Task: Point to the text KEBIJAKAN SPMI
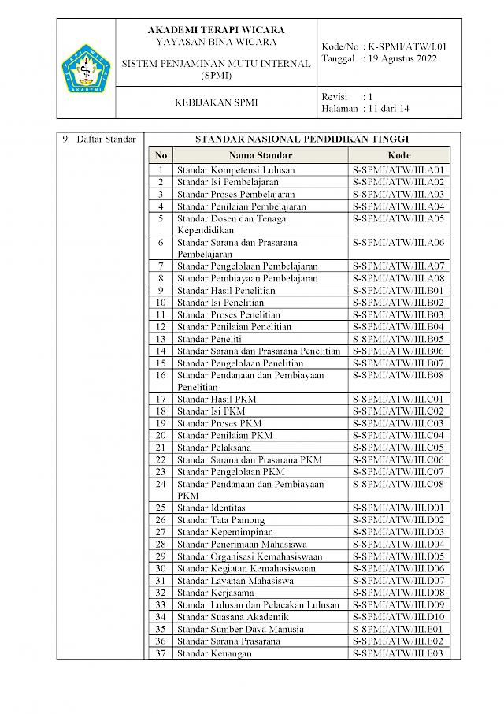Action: click(216, 102)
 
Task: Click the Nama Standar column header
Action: click(261, 155)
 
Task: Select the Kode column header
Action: click(399, 155)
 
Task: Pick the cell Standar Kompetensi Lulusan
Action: click(230, 169)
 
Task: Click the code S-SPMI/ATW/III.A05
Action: click(399, 218)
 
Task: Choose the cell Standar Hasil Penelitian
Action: click(226, 290)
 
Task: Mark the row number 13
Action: click(161, 339)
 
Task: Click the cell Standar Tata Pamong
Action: click(220, 520)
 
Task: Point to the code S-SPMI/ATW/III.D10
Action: click(399, 617)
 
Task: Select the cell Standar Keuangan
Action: click(214, 653)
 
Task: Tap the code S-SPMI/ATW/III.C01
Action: click(399, 399)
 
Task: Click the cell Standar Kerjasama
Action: click(215, 593)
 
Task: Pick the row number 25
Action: click(161, 508)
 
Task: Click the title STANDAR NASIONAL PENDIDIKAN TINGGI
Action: click(302, 139)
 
